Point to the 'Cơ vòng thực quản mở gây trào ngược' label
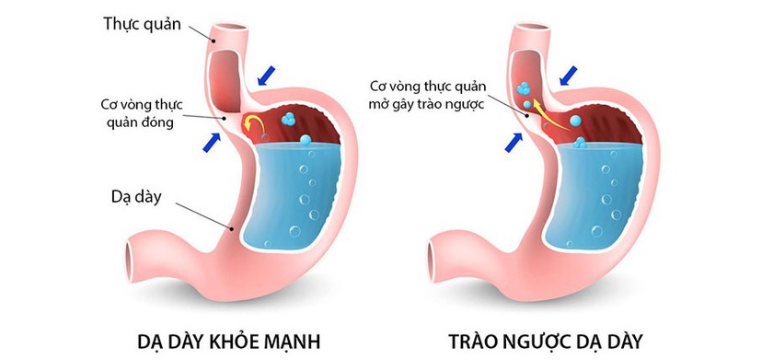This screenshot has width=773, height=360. coord(427,93)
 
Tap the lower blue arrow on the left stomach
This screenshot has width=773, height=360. coord(213,142)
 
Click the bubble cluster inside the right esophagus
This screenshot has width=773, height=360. coord(522,90)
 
